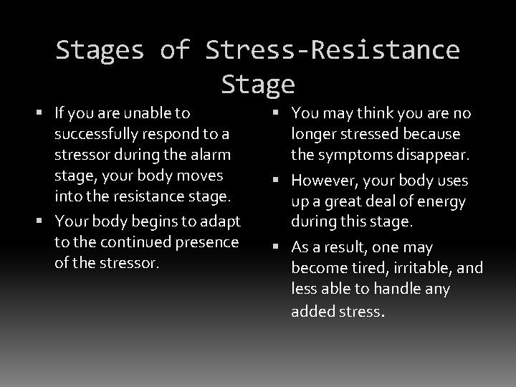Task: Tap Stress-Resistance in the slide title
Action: point(333,50)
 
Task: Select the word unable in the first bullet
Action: point(151,113)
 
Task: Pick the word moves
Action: point(204,176)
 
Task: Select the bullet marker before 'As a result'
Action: point(282,248)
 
